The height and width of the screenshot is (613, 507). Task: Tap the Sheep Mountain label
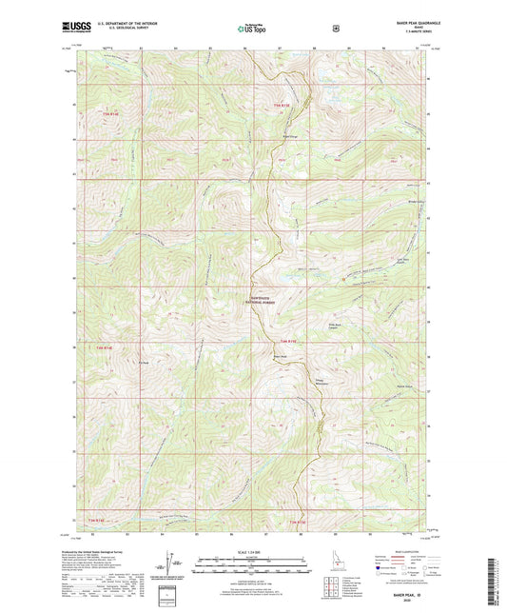323,383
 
